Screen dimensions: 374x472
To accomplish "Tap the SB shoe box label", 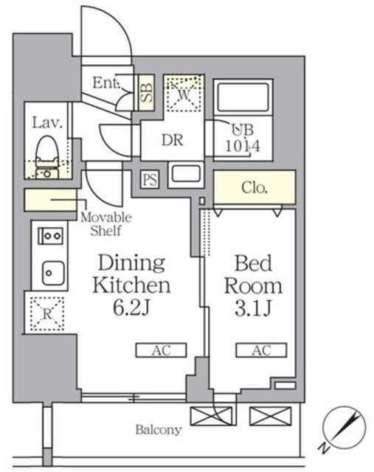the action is pyautogui.click(x=147, y=92).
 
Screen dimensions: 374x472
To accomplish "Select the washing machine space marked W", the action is pyautogui.click(x=184, y=94).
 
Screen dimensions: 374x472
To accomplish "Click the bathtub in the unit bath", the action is pyautogui.click(x=243, y=97).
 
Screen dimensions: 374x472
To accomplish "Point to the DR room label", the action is pyautogui.click(x=172, y=140).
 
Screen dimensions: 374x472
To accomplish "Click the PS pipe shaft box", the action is pyautogui.click(x=150, y=180).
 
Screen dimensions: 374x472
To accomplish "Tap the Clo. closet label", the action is pyautogui.click(x=254, y=187).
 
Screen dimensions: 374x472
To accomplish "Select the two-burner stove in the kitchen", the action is pyautogui.click(x=51, y=236).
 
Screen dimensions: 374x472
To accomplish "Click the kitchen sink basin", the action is pyautogui.click(x=53, y=273).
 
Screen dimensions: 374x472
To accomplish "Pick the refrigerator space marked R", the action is pyautogui.click(x=47, y=313).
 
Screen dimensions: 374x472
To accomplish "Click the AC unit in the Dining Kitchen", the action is pyautogui.click(x=161, y=350).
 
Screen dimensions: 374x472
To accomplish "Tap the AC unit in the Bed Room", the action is pyautogui.click(x=261, y=350).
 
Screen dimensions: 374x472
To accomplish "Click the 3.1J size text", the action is pyautogui.click(x=254, y=308).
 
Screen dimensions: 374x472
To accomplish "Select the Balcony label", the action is pyautogui.click(x=159, y=429).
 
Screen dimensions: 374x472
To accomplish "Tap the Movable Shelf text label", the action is pyautogui.click(x=106, y=224).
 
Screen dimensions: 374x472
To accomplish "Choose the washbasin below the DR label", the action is pyautogui.click(x=185, y=174).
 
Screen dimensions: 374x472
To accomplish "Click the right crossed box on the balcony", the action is pyautogui.click(x=271, y=416).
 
